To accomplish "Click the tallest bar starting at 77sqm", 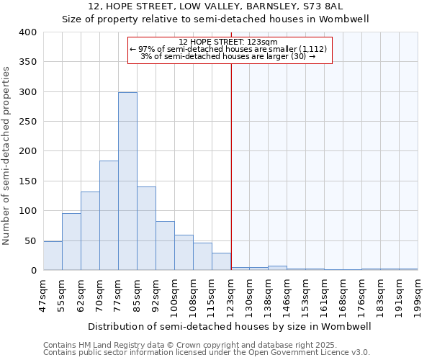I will tap(127, 181).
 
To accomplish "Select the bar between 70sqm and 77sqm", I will tap(109, 215).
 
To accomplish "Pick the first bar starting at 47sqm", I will tap(53, 256).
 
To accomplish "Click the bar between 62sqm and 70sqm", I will tap(90, 230).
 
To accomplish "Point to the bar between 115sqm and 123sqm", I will tap(221, 261).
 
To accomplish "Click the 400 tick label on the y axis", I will tap(28, 32).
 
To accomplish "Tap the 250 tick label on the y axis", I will tap(28, 122).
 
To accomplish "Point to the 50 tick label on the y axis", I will tap(31, 240).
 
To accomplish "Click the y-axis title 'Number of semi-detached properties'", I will tap(6, 155).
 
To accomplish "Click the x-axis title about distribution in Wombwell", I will tap(230, 326).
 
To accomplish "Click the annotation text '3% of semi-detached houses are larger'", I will tap(228, 56).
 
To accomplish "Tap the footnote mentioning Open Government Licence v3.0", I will tap(207, 353).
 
